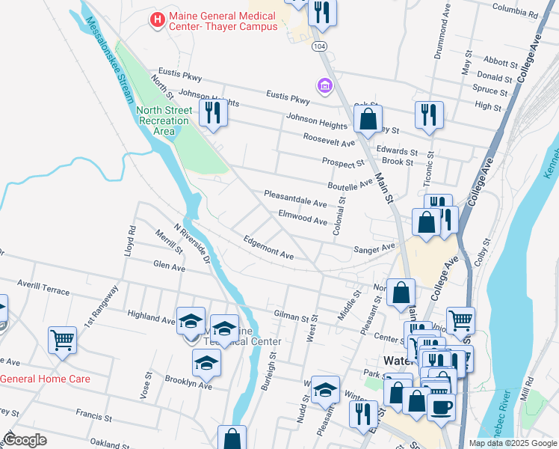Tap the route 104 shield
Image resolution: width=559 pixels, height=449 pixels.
[x=319, y=46]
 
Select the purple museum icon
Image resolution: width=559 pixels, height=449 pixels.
[x=324, y=88]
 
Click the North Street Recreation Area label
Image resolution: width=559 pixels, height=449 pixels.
[x=164, y=120]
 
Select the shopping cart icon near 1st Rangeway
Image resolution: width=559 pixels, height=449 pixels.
[x=63, y=339]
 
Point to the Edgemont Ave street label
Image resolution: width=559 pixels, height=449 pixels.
[x=269, y=248]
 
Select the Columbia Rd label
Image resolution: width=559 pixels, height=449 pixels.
[x=516, y=13]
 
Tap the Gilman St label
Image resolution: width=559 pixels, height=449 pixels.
[x=291, y=317]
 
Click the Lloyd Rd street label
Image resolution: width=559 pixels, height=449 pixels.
[x=130, y=238]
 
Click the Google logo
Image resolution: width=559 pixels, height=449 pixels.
[x=25, y=440]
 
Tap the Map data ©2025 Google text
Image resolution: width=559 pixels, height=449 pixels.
[x=512, y=443]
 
